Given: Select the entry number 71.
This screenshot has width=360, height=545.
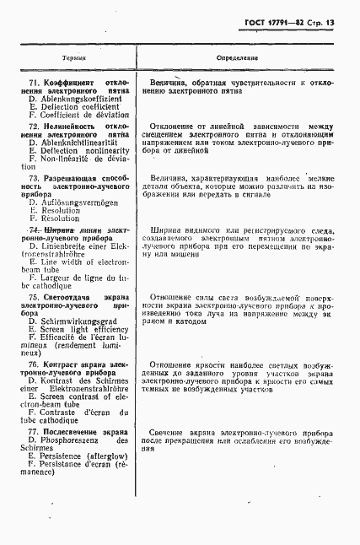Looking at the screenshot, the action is [35, 82].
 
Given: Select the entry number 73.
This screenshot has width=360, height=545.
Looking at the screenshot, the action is [35, 179].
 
